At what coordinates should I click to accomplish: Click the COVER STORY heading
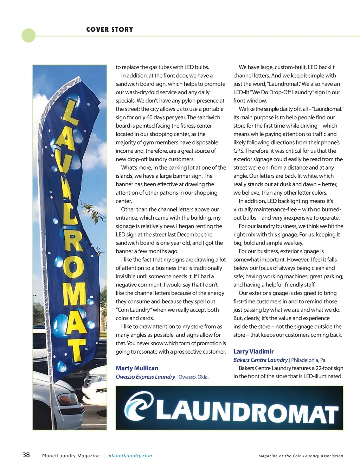(x=110, y=30)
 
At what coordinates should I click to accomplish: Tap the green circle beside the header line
(x=28, y=36)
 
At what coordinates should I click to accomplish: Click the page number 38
(x=26, y=455)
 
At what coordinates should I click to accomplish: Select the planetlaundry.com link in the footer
(x=130, y=456)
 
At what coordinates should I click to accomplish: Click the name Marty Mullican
(x=137, y=368)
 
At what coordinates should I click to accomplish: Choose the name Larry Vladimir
(x=253, y=351)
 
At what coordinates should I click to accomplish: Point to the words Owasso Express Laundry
(x=145, y=377)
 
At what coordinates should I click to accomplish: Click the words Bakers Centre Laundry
(x=261, y=360)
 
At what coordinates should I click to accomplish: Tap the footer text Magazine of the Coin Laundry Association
(x=301, y=456)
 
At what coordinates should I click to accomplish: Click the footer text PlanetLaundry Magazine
(x=71, y=456)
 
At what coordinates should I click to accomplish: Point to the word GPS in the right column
(x=239, y=151)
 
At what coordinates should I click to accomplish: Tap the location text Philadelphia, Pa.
(x=309, y=360)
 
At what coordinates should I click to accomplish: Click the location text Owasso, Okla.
(x=193, y=377)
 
